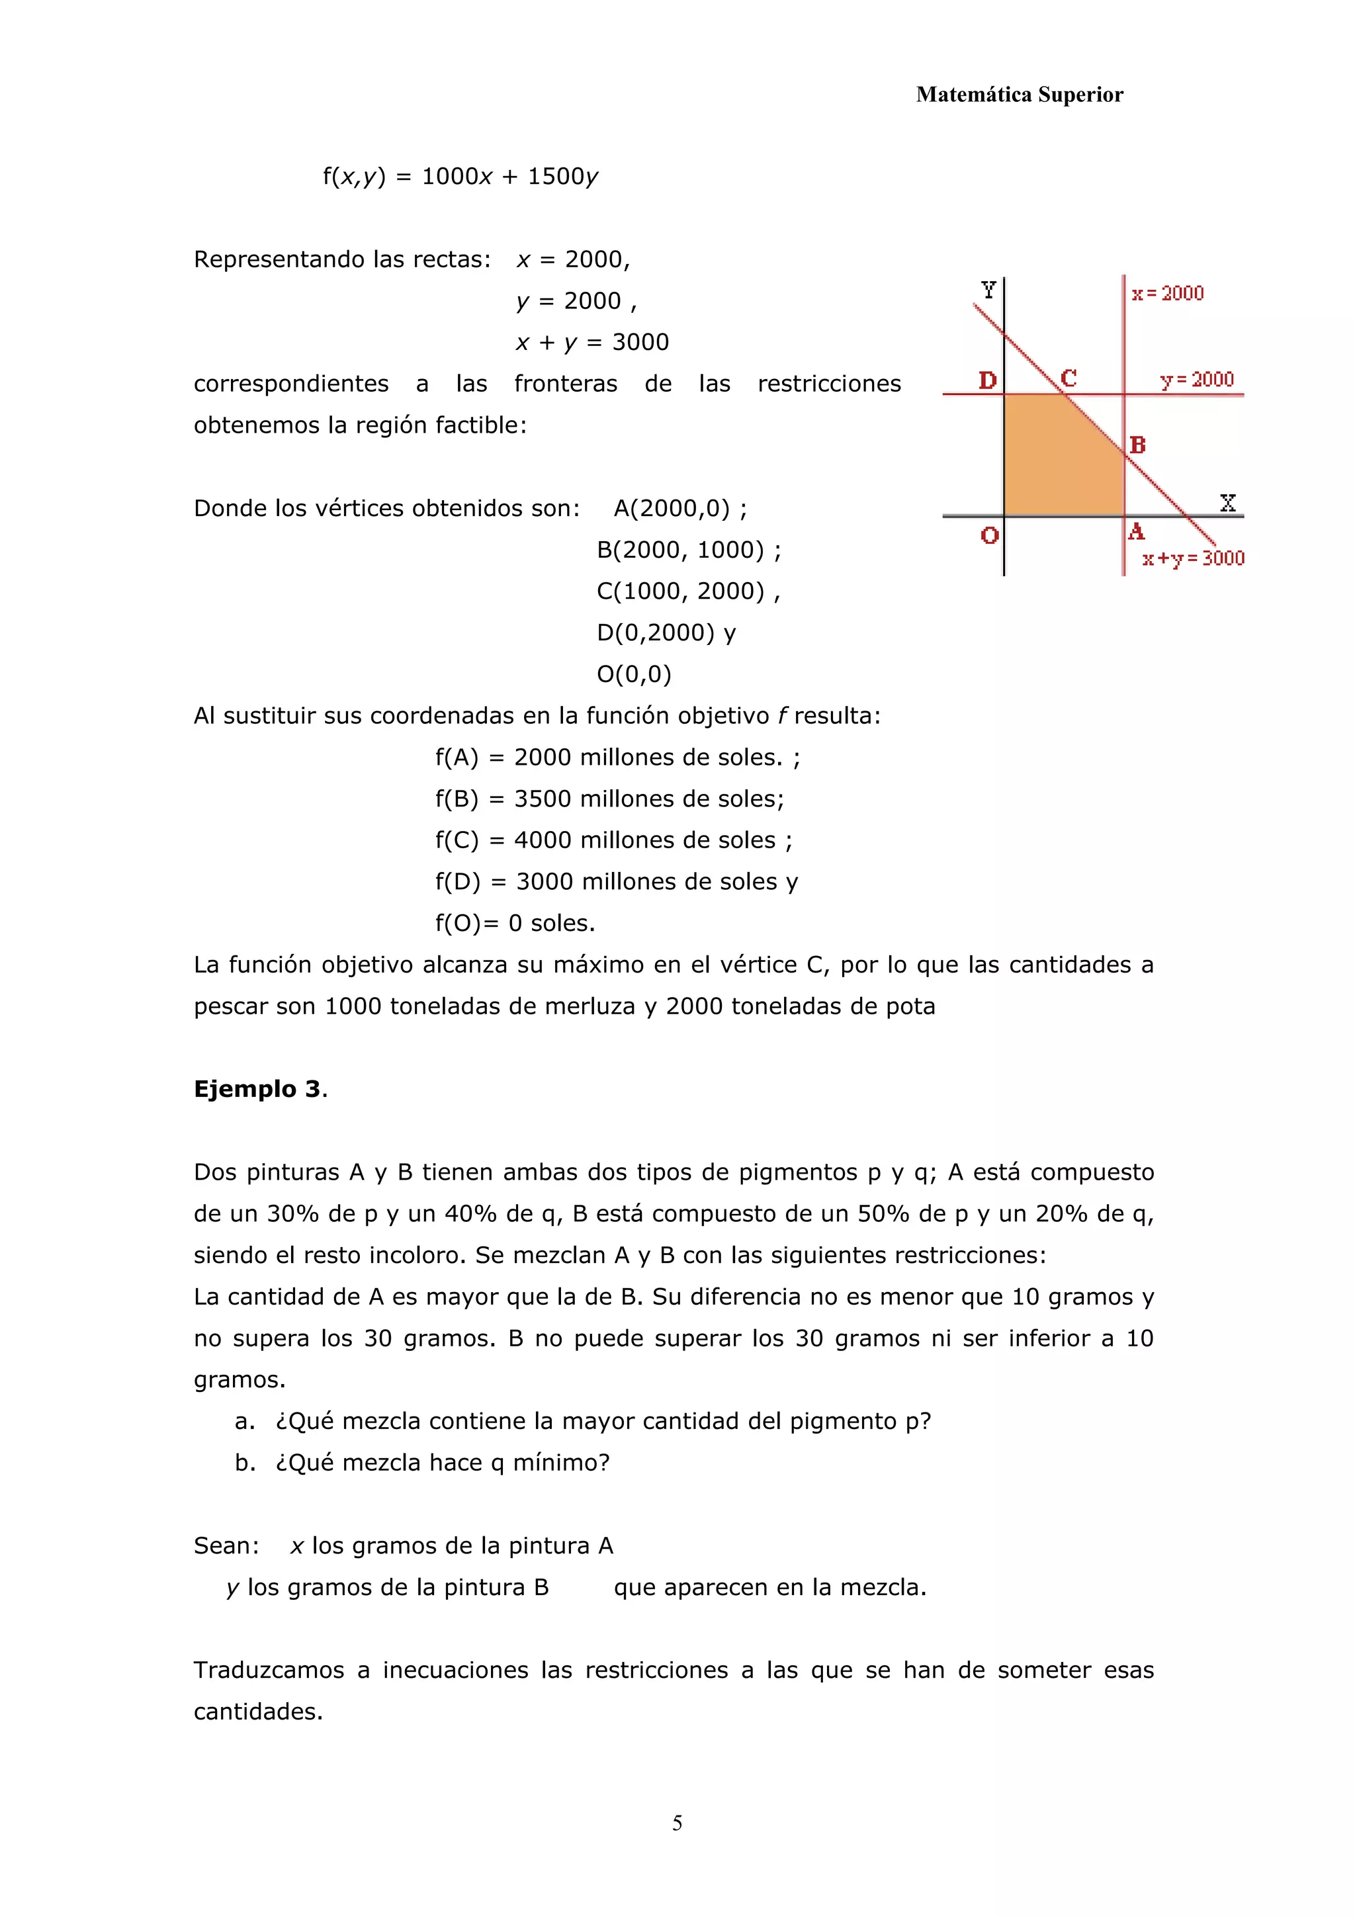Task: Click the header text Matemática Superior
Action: pos(1019,95)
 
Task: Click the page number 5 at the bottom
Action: pos(677,1823)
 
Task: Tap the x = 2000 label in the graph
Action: pos(1167,294)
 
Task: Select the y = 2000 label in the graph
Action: pos(1196,380)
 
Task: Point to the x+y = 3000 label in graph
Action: pos(1193,558)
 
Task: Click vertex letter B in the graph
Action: pos(1137,446)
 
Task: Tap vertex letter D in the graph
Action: pos(987,380)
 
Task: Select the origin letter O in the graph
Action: pos(990,536)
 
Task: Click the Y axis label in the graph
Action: pos(988,290)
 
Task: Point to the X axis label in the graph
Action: pos(1227,502)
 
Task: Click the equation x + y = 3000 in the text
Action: pos(592,342)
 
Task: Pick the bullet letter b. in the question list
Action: pos(244,1463)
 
